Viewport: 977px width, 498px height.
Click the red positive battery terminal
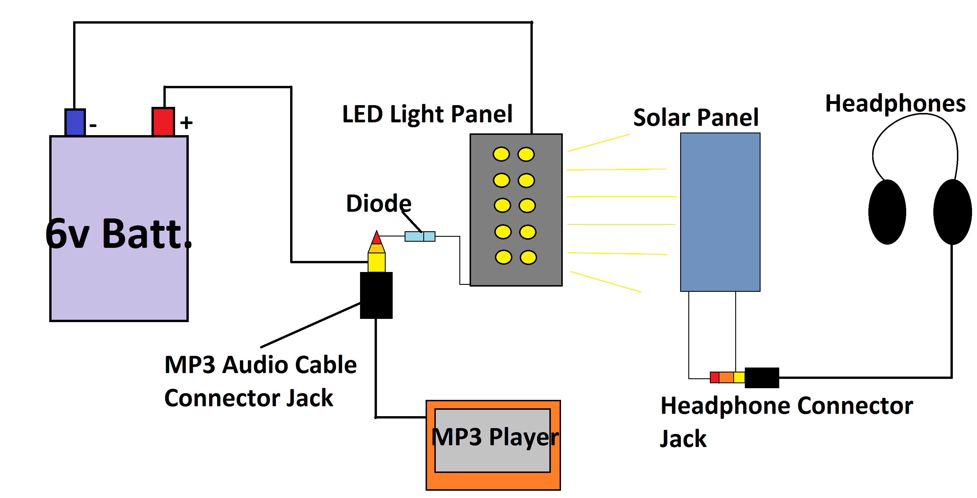(x=163, y=121)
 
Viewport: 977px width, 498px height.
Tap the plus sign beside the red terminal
(x=186, y=123)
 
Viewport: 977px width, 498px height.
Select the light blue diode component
(x=419, y=236)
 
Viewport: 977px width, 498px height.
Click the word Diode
(x=378, y=203)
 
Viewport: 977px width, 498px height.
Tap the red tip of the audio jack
(x=376, y=238)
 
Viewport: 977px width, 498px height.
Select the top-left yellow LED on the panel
(x=501, y=154)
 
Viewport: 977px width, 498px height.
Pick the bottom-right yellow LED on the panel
(x=528, y=257)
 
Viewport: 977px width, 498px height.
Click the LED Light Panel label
(x=427, y=114)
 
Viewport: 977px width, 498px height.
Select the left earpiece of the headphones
(x=887, y=212)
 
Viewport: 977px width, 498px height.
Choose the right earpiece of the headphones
(x=952, y=212)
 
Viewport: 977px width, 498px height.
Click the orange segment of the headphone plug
(x=726, y=377)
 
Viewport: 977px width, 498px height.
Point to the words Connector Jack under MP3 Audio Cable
(x=248, y=398)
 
